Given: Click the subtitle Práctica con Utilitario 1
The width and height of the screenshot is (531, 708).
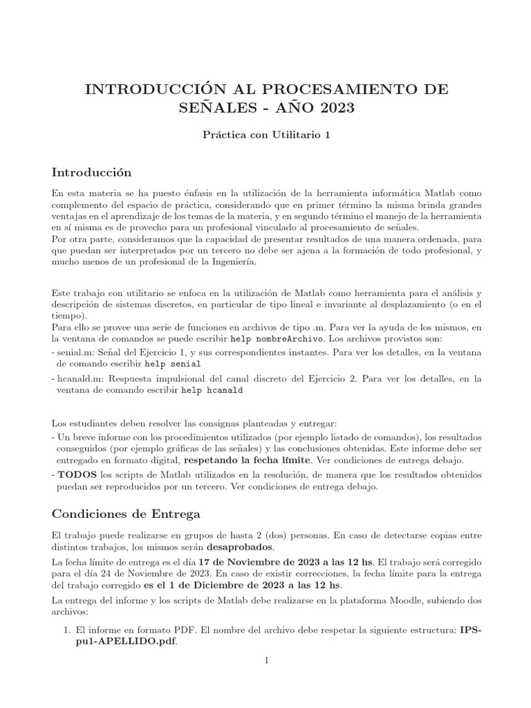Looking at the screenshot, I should point(265,135).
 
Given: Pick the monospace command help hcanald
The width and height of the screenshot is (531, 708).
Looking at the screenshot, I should point(212,389).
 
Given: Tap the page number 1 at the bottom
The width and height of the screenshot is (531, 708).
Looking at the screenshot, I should point(265,661).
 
